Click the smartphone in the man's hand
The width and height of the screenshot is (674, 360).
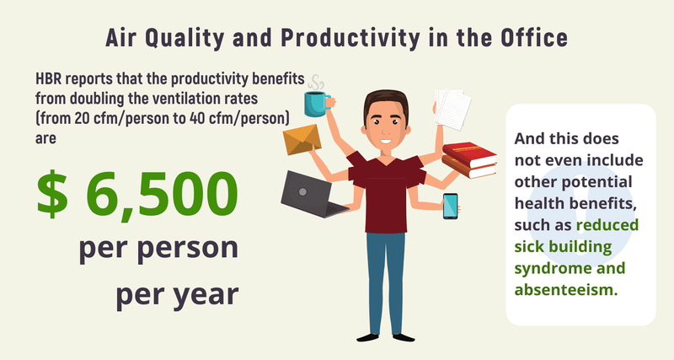[452, 207]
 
